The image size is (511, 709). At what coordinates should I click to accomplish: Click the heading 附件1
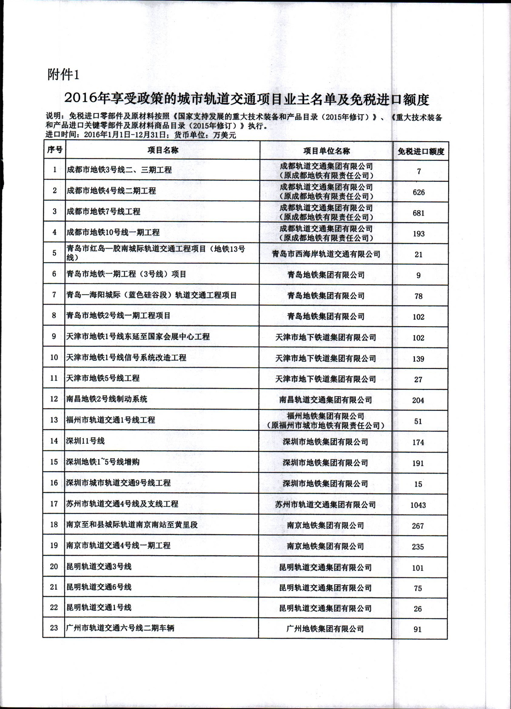[63, 75]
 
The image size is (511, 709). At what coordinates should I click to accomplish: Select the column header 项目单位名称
[326, 151]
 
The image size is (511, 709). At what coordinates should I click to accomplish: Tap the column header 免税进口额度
[421, 152]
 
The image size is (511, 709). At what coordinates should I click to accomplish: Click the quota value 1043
[418, 505]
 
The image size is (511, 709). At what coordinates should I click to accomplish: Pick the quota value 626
[418, 192]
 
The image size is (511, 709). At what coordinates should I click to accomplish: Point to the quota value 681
[418, 213]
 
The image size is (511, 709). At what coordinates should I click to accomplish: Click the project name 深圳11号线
[85, 441]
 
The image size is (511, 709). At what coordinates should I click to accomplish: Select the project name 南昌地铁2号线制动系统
[107, 399]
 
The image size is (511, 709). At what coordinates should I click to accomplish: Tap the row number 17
[54, 504]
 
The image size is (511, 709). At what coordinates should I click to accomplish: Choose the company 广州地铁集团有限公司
[325, 629]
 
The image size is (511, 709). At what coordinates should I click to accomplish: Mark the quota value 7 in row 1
[419, 171]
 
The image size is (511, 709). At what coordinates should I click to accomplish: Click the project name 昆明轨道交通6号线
[99, 587]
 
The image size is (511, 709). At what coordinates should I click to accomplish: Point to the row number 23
[54, 628]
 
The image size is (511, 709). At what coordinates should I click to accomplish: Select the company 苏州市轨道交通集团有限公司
[325, 505]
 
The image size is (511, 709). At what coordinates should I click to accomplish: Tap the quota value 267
[418, 526]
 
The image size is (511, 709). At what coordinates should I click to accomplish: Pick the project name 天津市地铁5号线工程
[103, 378]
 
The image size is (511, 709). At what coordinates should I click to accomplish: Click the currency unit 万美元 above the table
[225, 135]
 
